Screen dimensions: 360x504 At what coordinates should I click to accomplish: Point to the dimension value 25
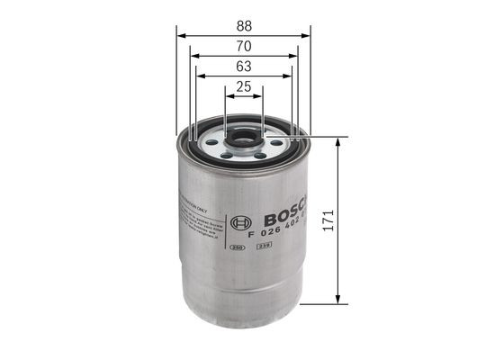(x=242, y=86)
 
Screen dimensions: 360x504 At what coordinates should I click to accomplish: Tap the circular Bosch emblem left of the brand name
(x=238, y=221)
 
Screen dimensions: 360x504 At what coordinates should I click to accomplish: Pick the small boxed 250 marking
(x=238, y=246)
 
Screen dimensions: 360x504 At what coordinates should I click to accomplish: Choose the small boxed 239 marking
(x=265, y=246)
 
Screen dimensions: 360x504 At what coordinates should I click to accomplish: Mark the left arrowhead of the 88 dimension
(x=180, y=35)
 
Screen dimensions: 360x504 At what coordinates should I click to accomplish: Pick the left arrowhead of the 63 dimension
(x=200, y=77)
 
